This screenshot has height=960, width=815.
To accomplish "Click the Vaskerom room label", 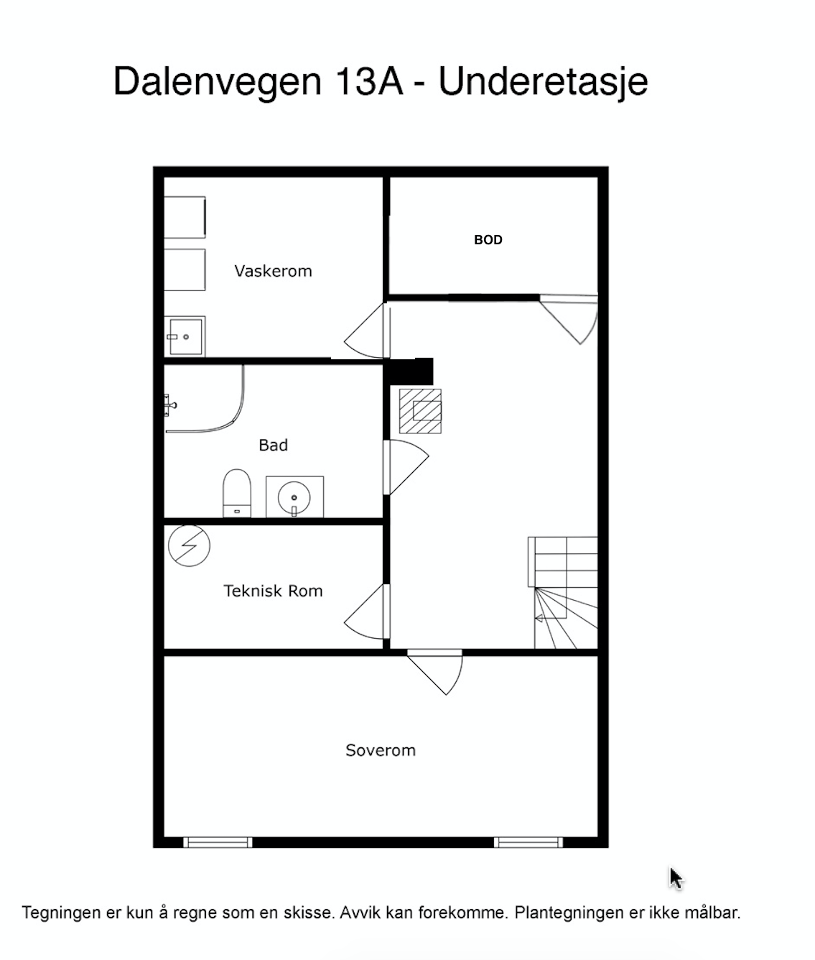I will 273,271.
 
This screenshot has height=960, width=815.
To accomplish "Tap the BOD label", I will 488,240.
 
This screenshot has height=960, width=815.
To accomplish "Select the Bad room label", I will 273,446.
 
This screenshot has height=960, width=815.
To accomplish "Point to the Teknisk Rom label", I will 273,591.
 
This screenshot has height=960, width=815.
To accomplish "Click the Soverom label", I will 381,750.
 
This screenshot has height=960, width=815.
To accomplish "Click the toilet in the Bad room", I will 237,492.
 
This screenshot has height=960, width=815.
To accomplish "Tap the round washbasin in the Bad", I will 294,497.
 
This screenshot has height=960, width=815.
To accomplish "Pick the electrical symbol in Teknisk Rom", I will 189,545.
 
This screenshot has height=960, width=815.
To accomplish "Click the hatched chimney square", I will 420,411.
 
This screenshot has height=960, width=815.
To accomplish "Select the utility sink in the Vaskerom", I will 185,336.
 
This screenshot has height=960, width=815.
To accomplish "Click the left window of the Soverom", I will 218,842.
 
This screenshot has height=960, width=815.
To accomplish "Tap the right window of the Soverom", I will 528,842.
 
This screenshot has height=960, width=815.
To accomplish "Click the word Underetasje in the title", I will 543,82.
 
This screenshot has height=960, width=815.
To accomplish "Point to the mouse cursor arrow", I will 675,877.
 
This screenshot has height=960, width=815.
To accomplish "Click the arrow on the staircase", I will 549,617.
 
